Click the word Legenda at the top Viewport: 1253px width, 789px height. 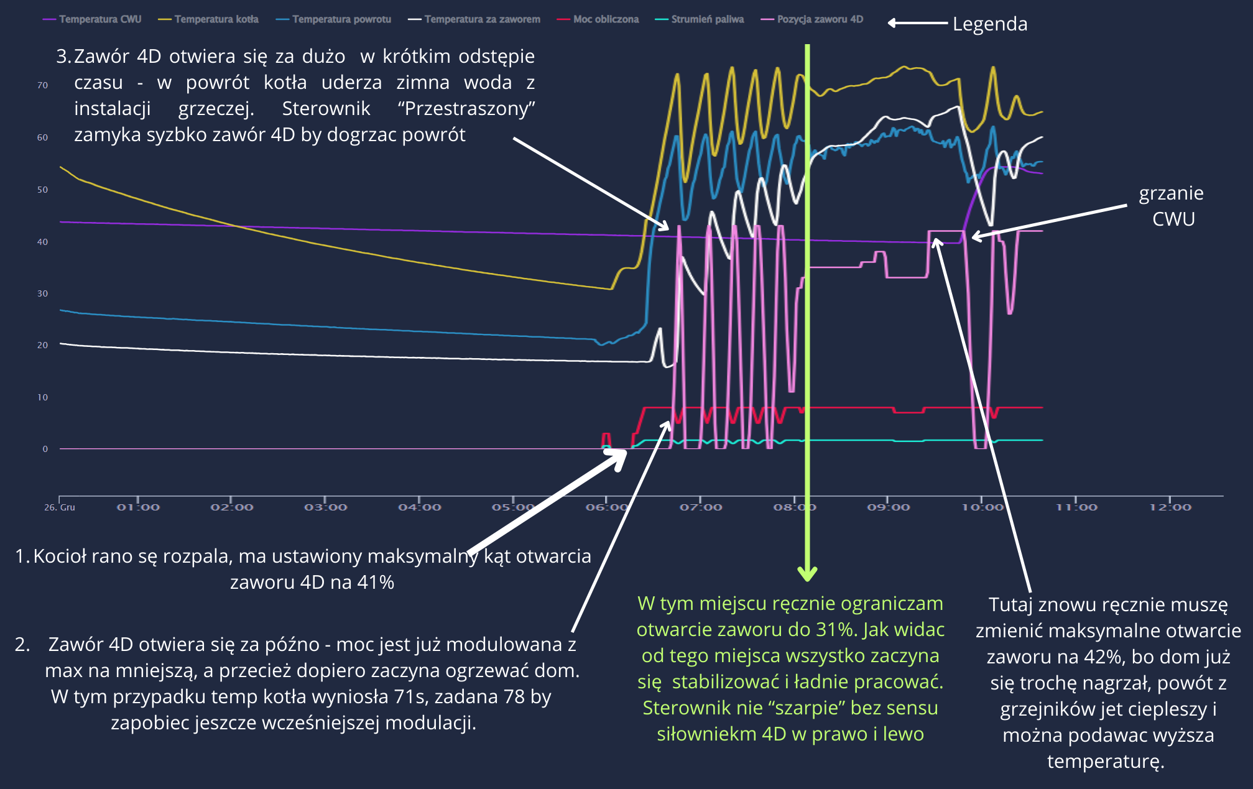tap(990, 24)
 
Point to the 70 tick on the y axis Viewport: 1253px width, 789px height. tap(42, 85)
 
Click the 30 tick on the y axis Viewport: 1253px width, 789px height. tap(42, 293)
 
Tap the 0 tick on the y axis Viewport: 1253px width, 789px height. tap(45, 449)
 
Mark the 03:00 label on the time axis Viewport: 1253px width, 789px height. tap(325, 507)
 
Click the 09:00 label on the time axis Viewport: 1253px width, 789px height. tap(888, 507)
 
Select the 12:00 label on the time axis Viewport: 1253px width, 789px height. tap(1170, 507)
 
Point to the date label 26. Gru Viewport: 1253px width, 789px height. tap(60, 507)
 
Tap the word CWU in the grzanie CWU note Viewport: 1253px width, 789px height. tap(1173, 219)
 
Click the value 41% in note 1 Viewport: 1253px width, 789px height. tap(375, 583)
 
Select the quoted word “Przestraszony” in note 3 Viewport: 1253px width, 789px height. tap(466, 109)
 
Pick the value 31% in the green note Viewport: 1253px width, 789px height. tap(837, 630)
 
